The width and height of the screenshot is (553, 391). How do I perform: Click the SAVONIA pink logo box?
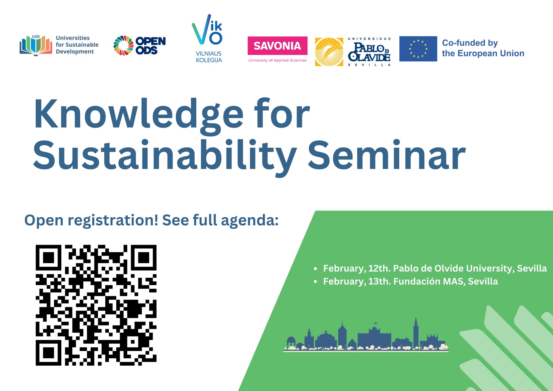click(x=277, y=46)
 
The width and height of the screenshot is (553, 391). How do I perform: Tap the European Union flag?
click(x=418, y=49)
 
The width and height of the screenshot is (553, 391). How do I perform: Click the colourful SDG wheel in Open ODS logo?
click(x=123, y=45)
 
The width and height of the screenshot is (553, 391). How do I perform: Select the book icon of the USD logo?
click(x=36, y=45)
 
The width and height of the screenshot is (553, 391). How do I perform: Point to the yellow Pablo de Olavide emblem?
click(x=329, y=52)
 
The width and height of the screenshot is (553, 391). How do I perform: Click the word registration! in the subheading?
click(x=113, y=221)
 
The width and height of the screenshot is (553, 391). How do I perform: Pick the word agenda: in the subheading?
click(x=250, y=221)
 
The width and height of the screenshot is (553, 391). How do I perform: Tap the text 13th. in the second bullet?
click(x=380, y=281)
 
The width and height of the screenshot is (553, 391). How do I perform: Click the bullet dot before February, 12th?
click(x=315, y=269)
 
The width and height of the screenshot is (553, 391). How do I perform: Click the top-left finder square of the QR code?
click(x=48, y=258)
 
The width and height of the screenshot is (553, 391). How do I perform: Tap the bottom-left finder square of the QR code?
click(x=48, y=353)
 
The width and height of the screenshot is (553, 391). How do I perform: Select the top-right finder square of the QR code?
click(x=144, y=258)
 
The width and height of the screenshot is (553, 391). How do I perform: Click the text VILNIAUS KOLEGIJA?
click(x=209, y=57)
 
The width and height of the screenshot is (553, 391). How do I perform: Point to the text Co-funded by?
click(x=470, y=43)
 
